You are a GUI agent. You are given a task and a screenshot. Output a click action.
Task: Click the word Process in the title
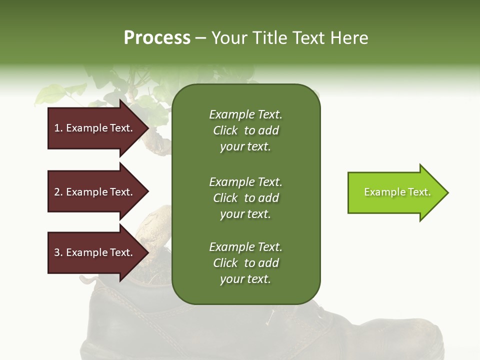157,38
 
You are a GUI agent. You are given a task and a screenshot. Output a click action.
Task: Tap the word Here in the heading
349,38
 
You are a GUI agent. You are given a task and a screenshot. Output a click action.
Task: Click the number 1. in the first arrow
58,128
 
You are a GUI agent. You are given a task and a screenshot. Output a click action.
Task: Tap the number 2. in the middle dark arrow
58,192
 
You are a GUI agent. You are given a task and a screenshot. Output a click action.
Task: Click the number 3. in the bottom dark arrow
58,252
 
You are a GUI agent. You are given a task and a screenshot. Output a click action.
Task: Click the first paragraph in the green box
245,130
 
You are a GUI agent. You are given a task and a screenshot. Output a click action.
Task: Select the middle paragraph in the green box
245,198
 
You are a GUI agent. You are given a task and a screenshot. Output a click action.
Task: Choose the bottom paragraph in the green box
245,263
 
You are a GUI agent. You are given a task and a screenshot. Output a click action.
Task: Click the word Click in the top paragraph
225,130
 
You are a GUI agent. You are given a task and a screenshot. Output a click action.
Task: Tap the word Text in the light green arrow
419,192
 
